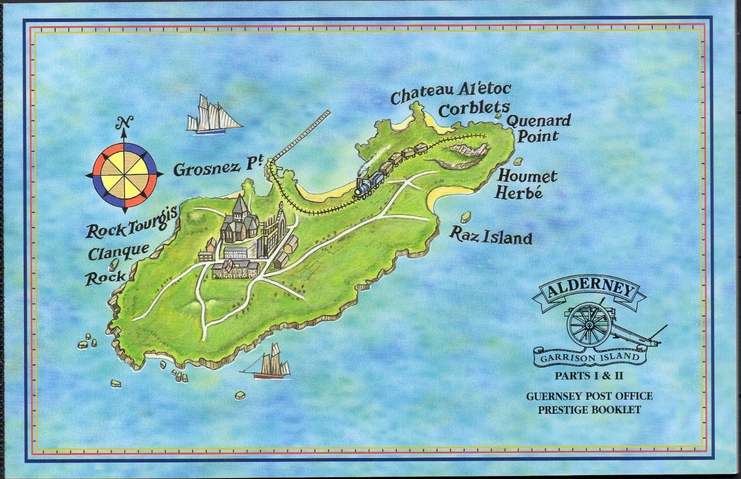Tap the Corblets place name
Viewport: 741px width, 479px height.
point(474,109)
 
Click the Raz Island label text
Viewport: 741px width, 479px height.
point(491,235)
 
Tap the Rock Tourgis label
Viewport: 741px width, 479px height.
point(131,224)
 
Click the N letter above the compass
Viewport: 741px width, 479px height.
point(124,122)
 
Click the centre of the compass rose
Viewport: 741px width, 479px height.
point(125,174)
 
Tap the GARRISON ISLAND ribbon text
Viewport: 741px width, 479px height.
point(589,358)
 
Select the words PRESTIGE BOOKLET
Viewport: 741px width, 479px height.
point(589,409)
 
